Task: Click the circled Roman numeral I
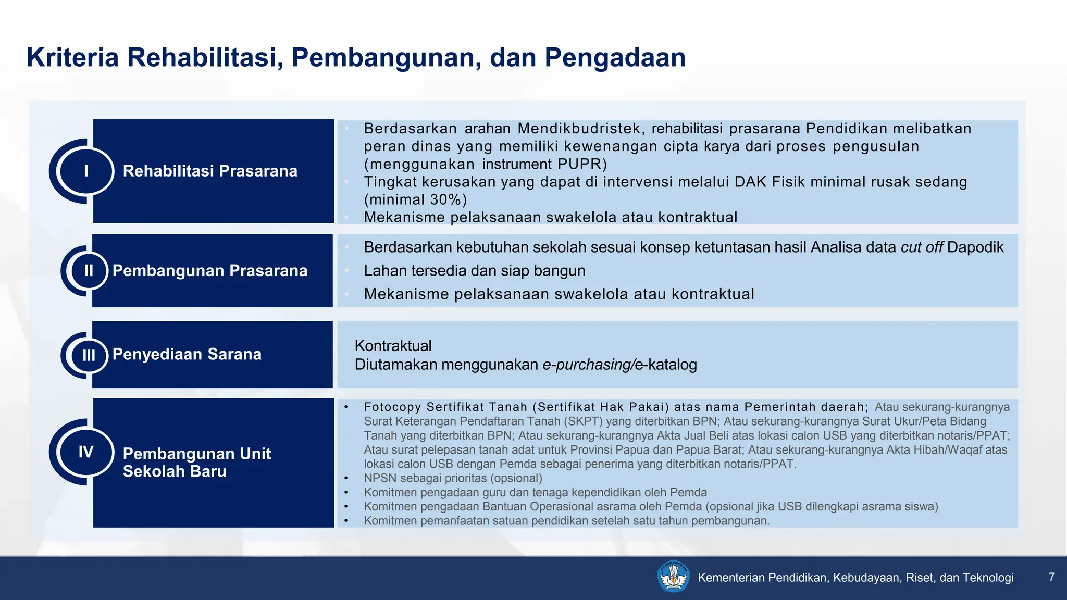pyautogui.click(x=86, y=171)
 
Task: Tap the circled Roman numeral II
pyautogui.click(x=89, y=270)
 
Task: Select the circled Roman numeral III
pyautogui.click(x=89, y=355)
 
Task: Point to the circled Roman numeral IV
pyautogui.click(x=86, y=452)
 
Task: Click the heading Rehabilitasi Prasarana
pyautogui.click(x=210, y=171)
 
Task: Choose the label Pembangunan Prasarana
pyautogui.click(x=210, y=270)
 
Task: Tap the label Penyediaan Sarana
pyautogui.click(x=187, y=354)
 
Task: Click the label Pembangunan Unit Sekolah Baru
pyautogui.click(x=196, y=463)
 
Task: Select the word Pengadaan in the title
pyautogui.click(x=615, y=57)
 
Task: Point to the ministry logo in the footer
pyautogui.click(x=674, y=577)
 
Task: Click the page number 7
pyautogui.click(x=1051, y=577)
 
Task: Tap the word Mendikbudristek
pyautogui.click(x=581, y=128)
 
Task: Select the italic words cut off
pyautogui.click(x=921, y=247)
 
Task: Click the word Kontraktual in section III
pyautogui.click(x=393, y=346)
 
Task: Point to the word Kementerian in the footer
pyautogui.click(x=731, y=577)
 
